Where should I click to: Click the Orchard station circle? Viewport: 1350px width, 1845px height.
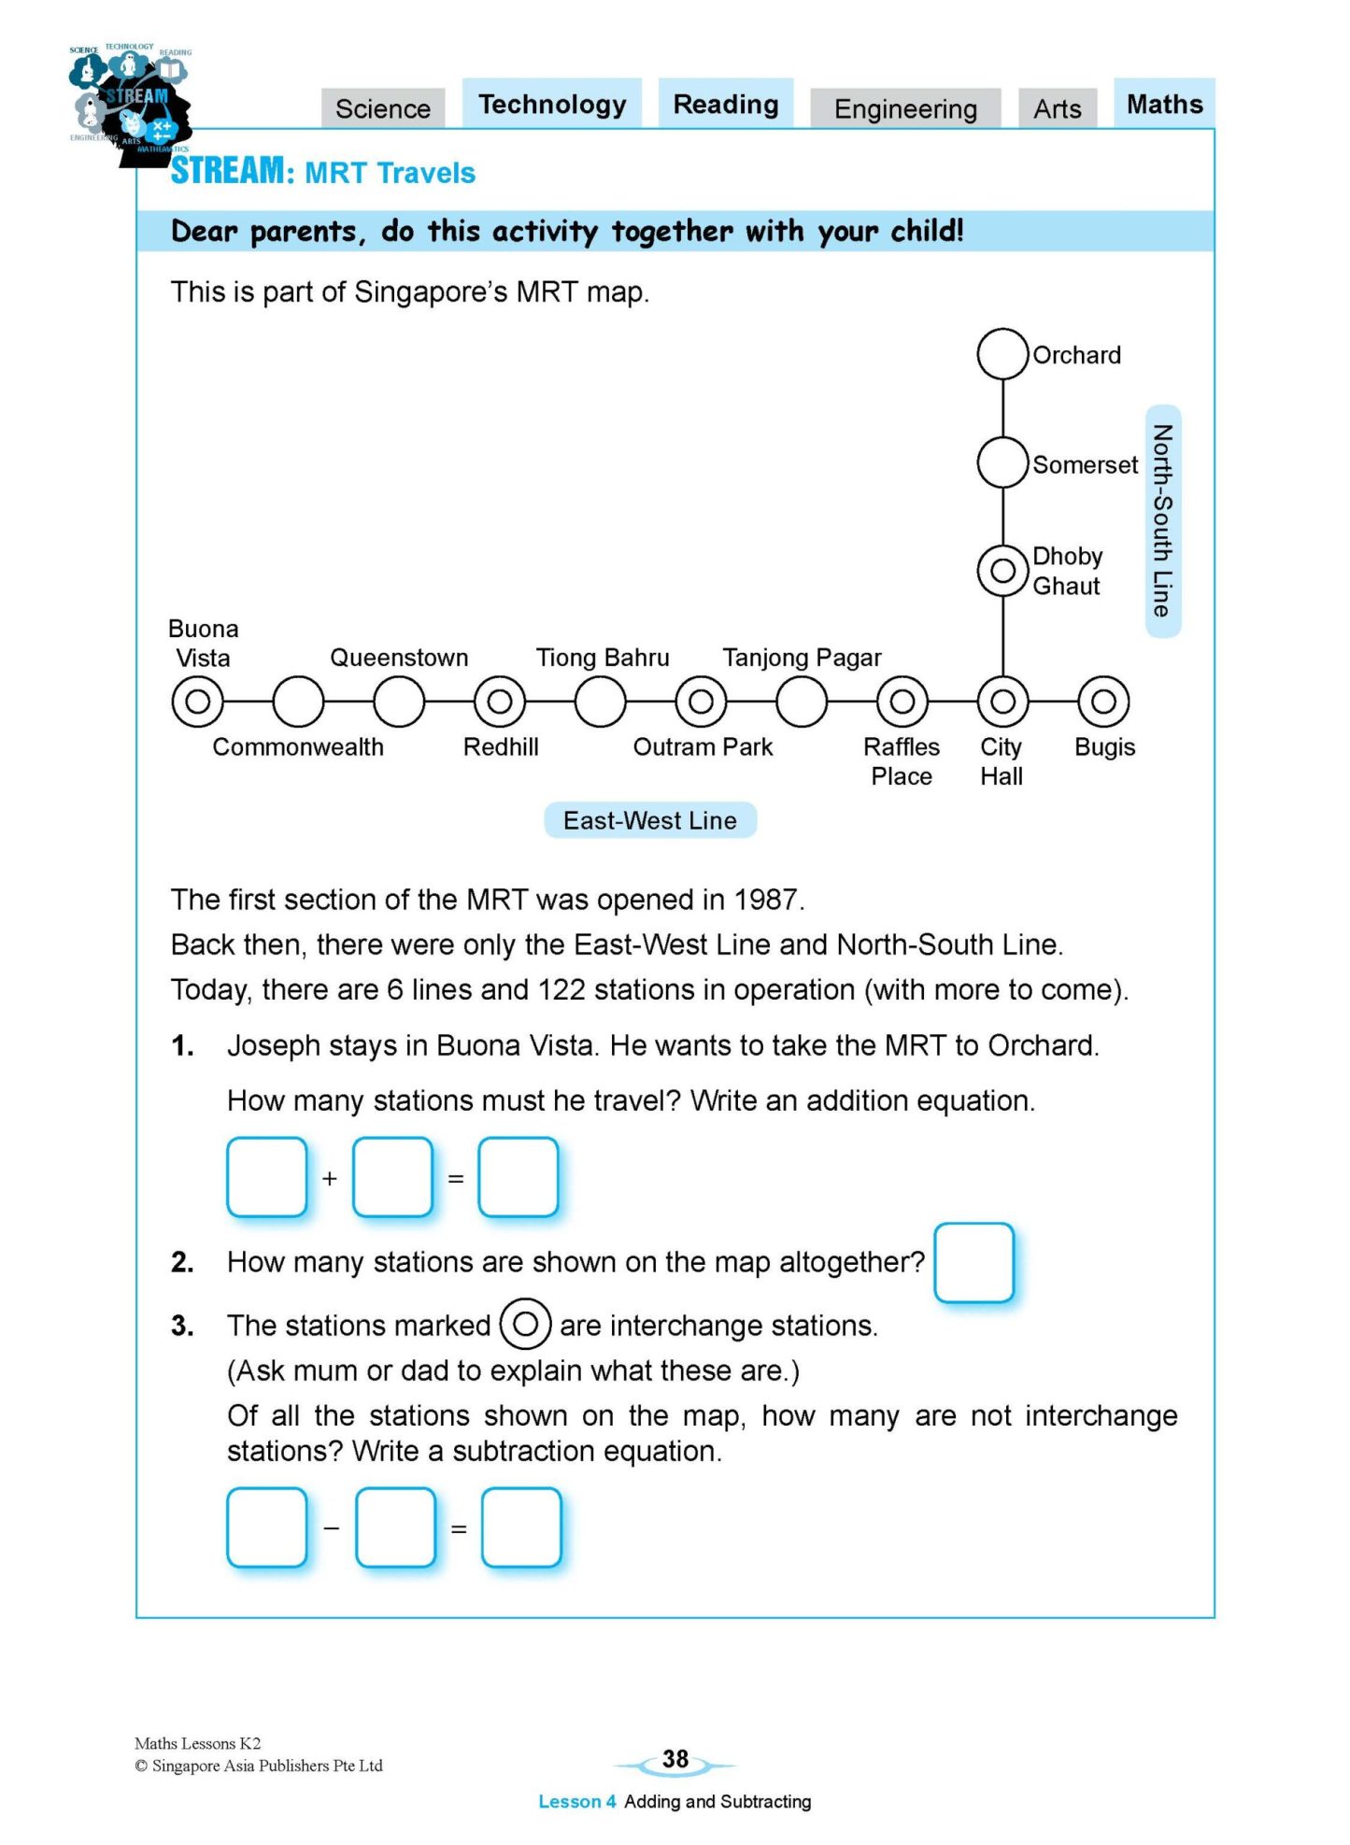pos(1002,354)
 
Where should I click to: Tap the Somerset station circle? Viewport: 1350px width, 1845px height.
pos(1002,462)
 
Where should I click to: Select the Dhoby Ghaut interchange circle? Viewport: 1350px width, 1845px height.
pos(1002,571)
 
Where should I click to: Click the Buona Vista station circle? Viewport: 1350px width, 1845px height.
pos(198,702)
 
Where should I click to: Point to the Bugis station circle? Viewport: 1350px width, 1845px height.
pos(1103,702)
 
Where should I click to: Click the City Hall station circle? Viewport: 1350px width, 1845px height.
pos(1002,702)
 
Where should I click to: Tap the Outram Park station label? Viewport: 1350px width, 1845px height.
pos(703,747)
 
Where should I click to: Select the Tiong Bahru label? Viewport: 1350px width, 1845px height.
pos(603,658)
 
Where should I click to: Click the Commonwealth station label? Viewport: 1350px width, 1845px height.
pos(298,747)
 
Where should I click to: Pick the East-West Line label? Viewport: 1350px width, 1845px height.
pos(650,820)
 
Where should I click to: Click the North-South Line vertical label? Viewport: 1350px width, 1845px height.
pos(1162,521)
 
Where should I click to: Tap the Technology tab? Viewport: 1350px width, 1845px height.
pos(552,105)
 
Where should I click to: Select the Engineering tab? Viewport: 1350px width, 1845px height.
pos(905,109)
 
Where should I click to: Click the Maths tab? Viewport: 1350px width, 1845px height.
pos(1164,104)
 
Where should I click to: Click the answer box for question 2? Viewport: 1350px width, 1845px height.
pos(973,1262)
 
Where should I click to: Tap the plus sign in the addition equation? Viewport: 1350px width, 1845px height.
pos(329,1179)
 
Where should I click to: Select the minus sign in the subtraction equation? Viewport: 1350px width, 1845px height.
pos(331,1528)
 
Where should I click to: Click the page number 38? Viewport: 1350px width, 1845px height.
pos(675,1760)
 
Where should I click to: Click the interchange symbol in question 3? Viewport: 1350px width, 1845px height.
pos(525,1324)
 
